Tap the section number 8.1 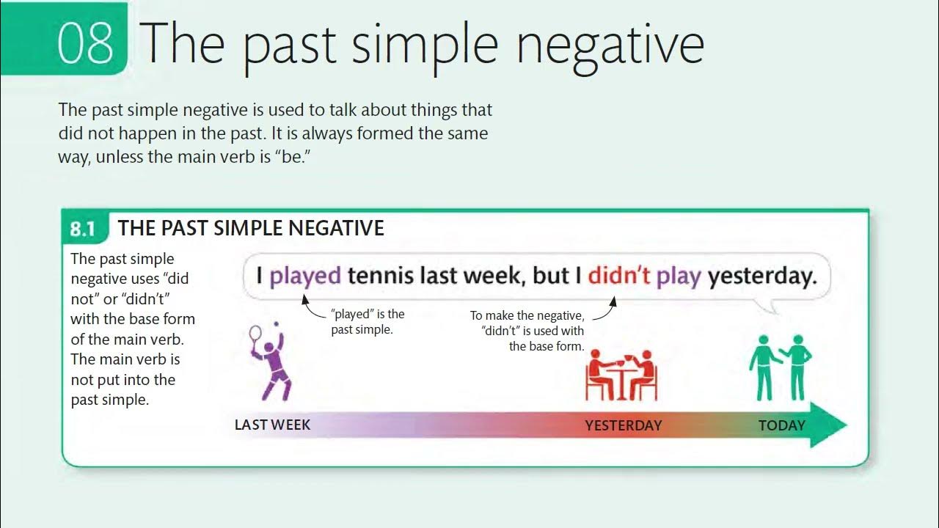tap(83, 229)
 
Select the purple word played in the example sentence tap(305, 276)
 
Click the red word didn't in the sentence tap(618, 276)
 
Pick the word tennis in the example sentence tap(381, 276)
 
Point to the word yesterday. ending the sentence tap(762, 276)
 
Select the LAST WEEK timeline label tap(272, 425)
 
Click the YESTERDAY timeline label tap(623, 425)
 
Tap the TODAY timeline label tap(781, 425)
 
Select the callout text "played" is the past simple tap(368, 322)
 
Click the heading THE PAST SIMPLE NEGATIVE tap(251, 228)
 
